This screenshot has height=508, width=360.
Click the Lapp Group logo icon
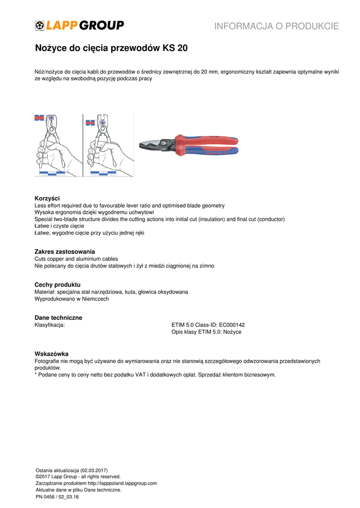(40, 26)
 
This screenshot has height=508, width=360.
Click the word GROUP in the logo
(102, 26)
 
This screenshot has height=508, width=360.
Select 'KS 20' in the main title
(175, 49)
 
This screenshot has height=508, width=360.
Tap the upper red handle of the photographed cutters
(209, 139)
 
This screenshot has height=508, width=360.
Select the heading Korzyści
(47, 198)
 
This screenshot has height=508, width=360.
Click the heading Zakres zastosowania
(65, 252)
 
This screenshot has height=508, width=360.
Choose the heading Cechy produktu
(57, 285)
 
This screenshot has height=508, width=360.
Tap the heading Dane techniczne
(58, 317)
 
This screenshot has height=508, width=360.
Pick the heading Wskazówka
(51, 354)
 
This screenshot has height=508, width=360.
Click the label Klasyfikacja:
(50, 325)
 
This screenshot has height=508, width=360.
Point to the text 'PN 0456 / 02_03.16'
(57, 497)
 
